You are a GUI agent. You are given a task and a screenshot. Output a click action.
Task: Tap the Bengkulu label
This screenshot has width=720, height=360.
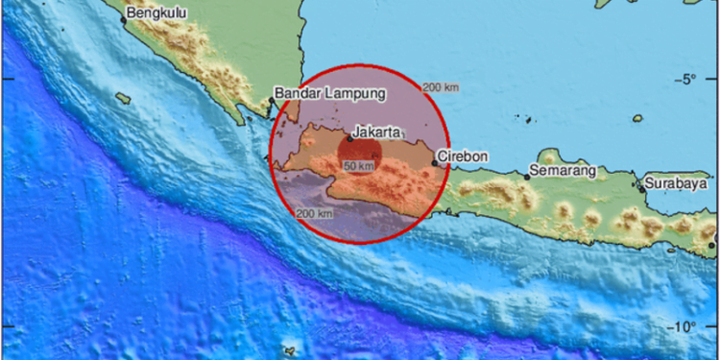click(x=159, y=13)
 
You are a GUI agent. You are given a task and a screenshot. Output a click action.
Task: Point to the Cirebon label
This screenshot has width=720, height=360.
click(x=463, y=156)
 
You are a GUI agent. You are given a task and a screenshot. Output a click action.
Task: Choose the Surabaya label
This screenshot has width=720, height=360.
click(x=675, y=181)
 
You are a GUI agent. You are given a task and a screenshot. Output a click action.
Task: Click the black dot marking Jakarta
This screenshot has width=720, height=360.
click(x=349, y=138)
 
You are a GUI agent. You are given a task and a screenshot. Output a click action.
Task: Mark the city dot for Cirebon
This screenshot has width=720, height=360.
click(x=435, y=162)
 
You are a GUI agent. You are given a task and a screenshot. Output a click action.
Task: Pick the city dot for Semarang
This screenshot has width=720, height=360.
click(x=528, y=178)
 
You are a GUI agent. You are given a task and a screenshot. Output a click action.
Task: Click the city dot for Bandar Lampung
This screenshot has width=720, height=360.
click(x=271, y=99)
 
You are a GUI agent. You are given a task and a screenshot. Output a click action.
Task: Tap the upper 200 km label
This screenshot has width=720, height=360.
click(x=440, y=87)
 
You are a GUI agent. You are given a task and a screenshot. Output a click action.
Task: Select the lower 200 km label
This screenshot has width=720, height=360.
click(x=315, y=213)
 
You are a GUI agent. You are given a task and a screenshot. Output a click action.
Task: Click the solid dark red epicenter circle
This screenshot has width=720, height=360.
click(x=360, y=154)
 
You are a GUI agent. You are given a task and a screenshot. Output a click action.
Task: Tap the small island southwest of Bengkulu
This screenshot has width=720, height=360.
click(x=122, y=97)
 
